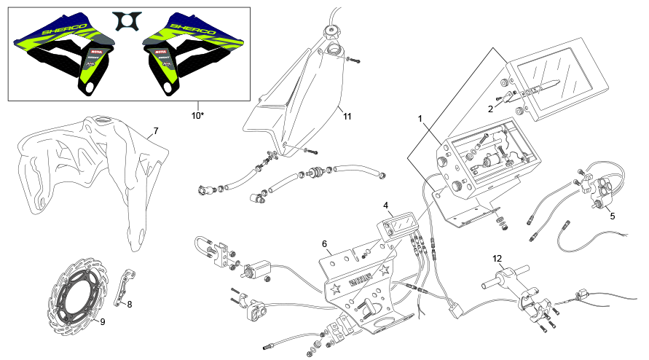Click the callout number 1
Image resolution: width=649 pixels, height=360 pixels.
tap(420, 117)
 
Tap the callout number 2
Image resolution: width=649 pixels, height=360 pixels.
tap(491, 108)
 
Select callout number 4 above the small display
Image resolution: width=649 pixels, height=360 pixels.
tap(386, 206)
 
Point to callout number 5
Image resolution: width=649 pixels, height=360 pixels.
tap(612, 216)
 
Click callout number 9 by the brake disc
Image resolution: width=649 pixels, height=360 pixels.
tap(103, 321)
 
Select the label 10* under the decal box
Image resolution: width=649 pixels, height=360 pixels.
tap(197, 115)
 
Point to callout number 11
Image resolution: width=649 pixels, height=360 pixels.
tap(347, 115)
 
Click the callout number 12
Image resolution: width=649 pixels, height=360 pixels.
tap(497, 258)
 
